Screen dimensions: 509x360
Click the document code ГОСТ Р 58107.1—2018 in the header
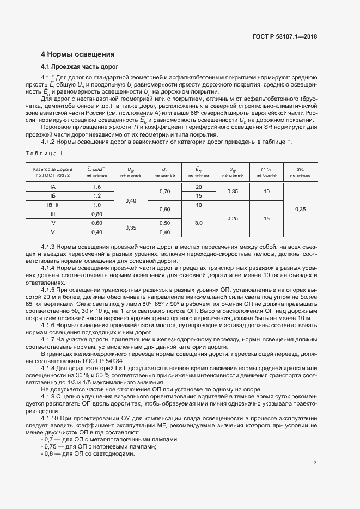[284, 36]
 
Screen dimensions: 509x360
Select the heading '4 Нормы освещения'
[78, 54]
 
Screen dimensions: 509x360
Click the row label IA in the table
[53, 187]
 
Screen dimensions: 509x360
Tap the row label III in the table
[53, 214]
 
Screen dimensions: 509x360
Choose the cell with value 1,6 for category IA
[97, 187]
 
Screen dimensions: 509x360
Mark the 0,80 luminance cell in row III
[97, 214]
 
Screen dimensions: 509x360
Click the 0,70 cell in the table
[164, 191]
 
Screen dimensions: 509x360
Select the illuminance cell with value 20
[199, 187]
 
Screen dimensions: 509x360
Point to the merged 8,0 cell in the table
[199, 223]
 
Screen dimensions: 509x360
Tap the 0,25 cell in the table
[233, 218]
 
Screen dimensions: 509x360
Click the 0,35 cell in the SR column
[300, 209]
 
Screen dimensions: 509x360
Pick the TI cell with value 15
[266, 218]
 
